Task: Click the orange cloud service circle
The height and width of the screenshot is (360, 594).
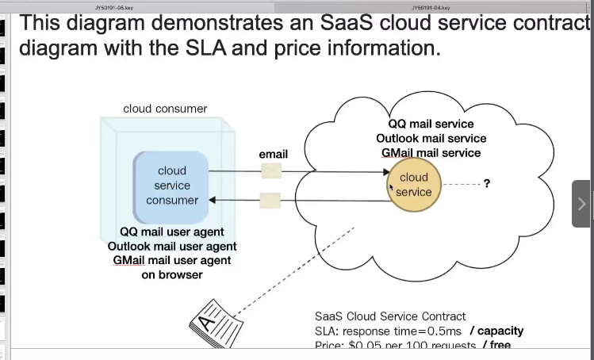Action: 413,185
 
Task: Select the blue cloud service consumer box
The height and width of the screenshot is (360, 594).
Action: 171,186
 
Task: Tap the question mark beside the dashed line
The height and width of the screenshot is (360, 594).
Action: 486,184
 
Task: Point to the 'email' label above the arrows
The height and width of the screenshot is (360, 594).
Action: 274,154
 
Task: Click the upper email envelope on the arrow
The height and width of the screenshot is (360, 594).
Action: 271,170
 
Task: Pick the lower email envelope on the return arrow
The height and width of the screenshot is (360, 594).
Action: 270,201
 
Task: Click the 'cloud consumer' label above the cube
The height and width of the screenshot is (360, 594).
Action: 165,109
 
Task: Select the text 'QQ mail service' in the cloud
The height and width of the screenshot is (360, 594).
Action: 431,124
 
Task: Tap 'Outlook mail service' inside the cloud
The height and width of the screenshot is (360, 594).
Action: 431,138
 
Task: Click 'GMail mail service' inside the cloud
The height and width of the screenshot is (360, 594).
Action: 431,152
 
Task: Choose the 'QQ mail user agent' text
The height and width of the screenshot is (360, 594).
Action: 172,232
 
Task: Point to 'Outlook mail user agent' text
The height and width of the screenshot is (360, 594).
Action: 172,246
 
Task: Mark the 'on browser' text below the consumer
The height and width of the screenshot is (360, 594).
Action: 172,274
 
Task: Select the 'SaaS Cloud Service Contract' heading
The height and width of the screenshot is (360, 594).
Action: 390,316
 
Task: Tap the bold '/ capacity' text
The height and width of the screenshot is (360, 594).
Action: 496,330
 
